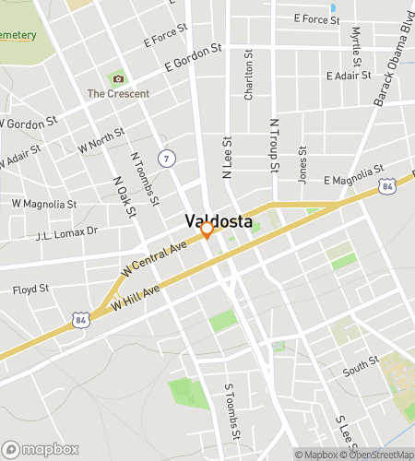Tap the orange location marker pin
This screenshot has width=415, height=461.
click(x=207, y=230)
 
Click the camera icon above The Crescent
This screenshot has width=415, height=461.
click(x=117, y=78)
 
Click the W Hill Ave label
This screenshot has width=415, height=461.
click(x=135, y=296)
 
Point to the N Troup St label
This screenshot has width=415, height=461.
click(x=273, y=146)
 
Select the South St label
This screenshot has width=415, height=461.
click(x=360, y=370)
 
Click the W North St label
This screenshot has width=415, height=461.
click(x=101, y=141)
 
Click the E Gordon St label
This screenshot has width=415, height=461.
click(x=194, y=56)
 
